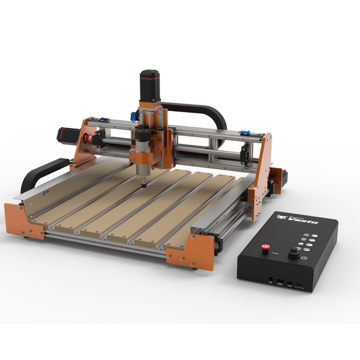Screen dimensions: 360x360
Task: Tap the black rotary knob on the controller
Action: coord(293,254)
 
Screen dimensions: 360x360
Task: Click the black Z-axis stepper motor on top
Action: coord(149,86)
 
